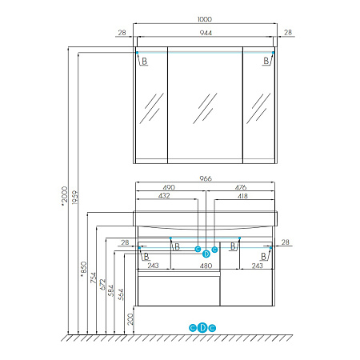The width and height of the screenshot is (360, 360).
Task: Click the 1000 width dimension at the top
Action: click(205, 19)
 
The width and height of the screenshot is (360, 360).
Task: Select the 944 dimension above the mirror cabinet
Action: click(206, 33)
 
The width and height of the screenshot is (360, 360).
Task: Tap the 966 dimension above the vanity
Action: click(206, 178)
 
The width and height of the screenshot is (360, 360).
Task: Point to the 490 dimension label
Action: click(169, 187)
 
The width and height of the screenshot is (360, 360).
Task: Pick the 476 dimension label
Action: click(241, 187)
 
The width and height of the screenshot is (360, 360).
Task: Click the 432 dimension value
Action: click(164, 196)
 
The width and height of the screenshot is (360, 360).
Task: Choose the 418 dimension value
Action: click(242, 196)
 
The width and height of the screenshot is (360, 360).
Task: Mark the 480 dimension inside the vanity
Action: click(206, 266)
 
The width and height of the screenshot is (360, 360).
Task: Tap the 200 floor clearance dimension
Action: click(130, 319)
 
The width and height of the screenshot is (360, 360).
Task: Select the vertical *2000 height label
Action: click(65, 196)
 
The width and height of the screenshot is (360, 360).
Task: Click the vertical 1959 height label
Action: click(75, 198)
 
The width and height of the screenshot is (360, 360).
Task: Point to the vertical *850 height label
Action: click(83, 269)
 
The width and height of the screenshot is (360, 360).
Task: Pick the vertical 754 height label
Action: click(93, 278)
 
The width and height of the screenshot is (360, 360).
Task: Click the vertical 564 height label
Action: click(121, 294)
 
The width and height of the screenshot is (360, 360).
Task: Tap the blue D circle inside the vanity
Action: click(206, 254)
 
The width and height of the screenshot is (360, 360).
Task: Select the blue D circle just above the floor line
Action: click(202, 327)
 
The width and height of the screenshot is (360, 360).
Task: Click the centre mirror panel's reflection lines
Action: click(205, 108)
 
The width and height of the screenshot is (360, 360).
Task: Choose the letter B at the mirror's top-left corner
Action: click(144, 61)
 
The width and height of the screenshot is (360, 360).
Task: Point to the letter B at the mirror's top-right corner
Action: click(266, 61)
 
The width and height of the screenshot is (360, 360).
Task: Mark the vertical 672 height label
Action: click(102, 285)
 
